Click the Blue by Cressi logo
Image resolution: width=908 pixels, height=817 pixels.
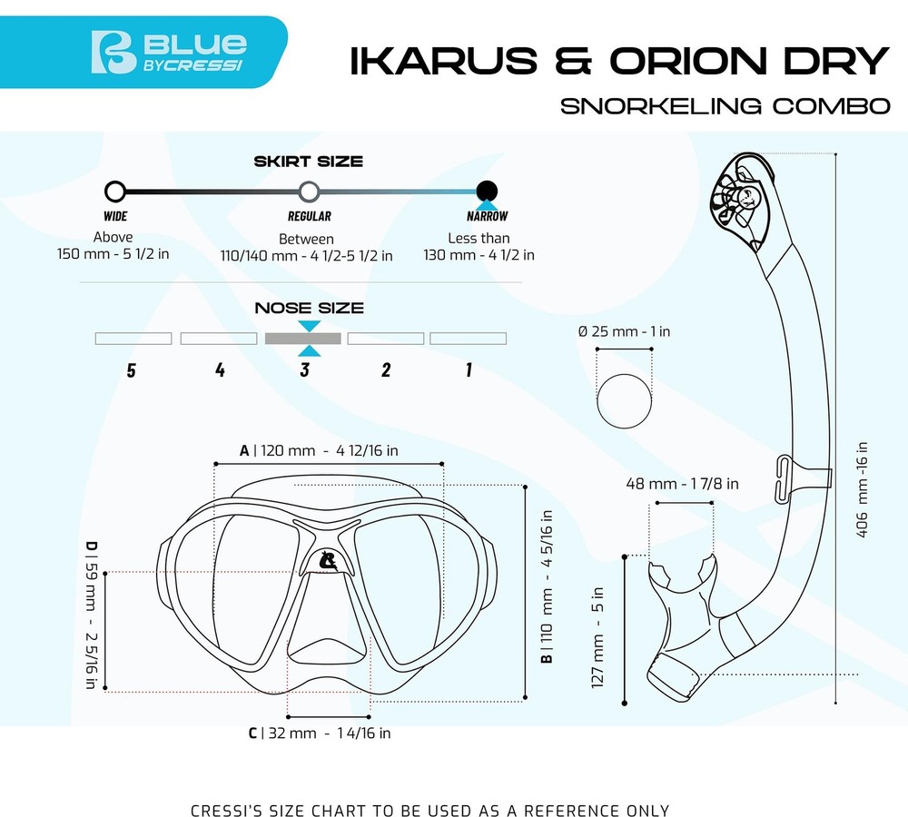click(x=169, y=53)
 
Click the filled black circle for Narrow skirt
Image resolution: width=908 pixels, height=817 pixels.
click(x=488, y=191)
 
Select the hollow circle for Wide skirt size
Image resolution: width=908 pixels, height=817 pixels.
click(x=115, y=191)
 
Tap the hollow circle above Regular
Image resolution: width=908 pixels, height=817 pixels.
click(x=309, y=191)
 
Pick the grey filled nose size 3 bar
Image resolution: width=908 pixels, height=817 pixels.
click(x=302, y=339)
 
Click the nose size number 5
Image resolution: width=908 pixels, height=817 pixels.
click(x=132, y=370)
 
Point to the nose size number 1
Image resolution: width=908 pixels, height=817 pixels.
click(x=469, y=369)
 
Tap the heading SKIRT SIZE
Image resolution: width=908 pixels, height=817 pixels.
click(x=309, y=162)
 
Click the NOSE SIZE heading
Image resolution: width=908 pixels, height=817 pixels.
click(x=309, y=309)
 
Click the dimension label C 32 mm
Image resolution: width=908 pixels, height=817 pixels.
click(x=320, y=733)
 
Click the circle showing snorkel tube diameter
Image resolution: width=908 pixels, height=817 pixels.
click(x=624, y=398)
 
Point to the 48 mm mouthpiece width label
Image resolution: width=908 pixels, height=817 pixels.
click(x=682, y=484)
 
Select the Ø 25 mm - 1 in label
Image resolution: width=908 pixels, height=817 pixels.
click(x=625, y=331)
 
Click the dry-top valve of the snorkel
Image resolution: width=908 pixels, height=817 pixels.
click(x=739, y=200)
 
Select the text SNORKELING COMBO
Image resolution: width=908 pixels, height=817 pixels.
click(x=725, y=105)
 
